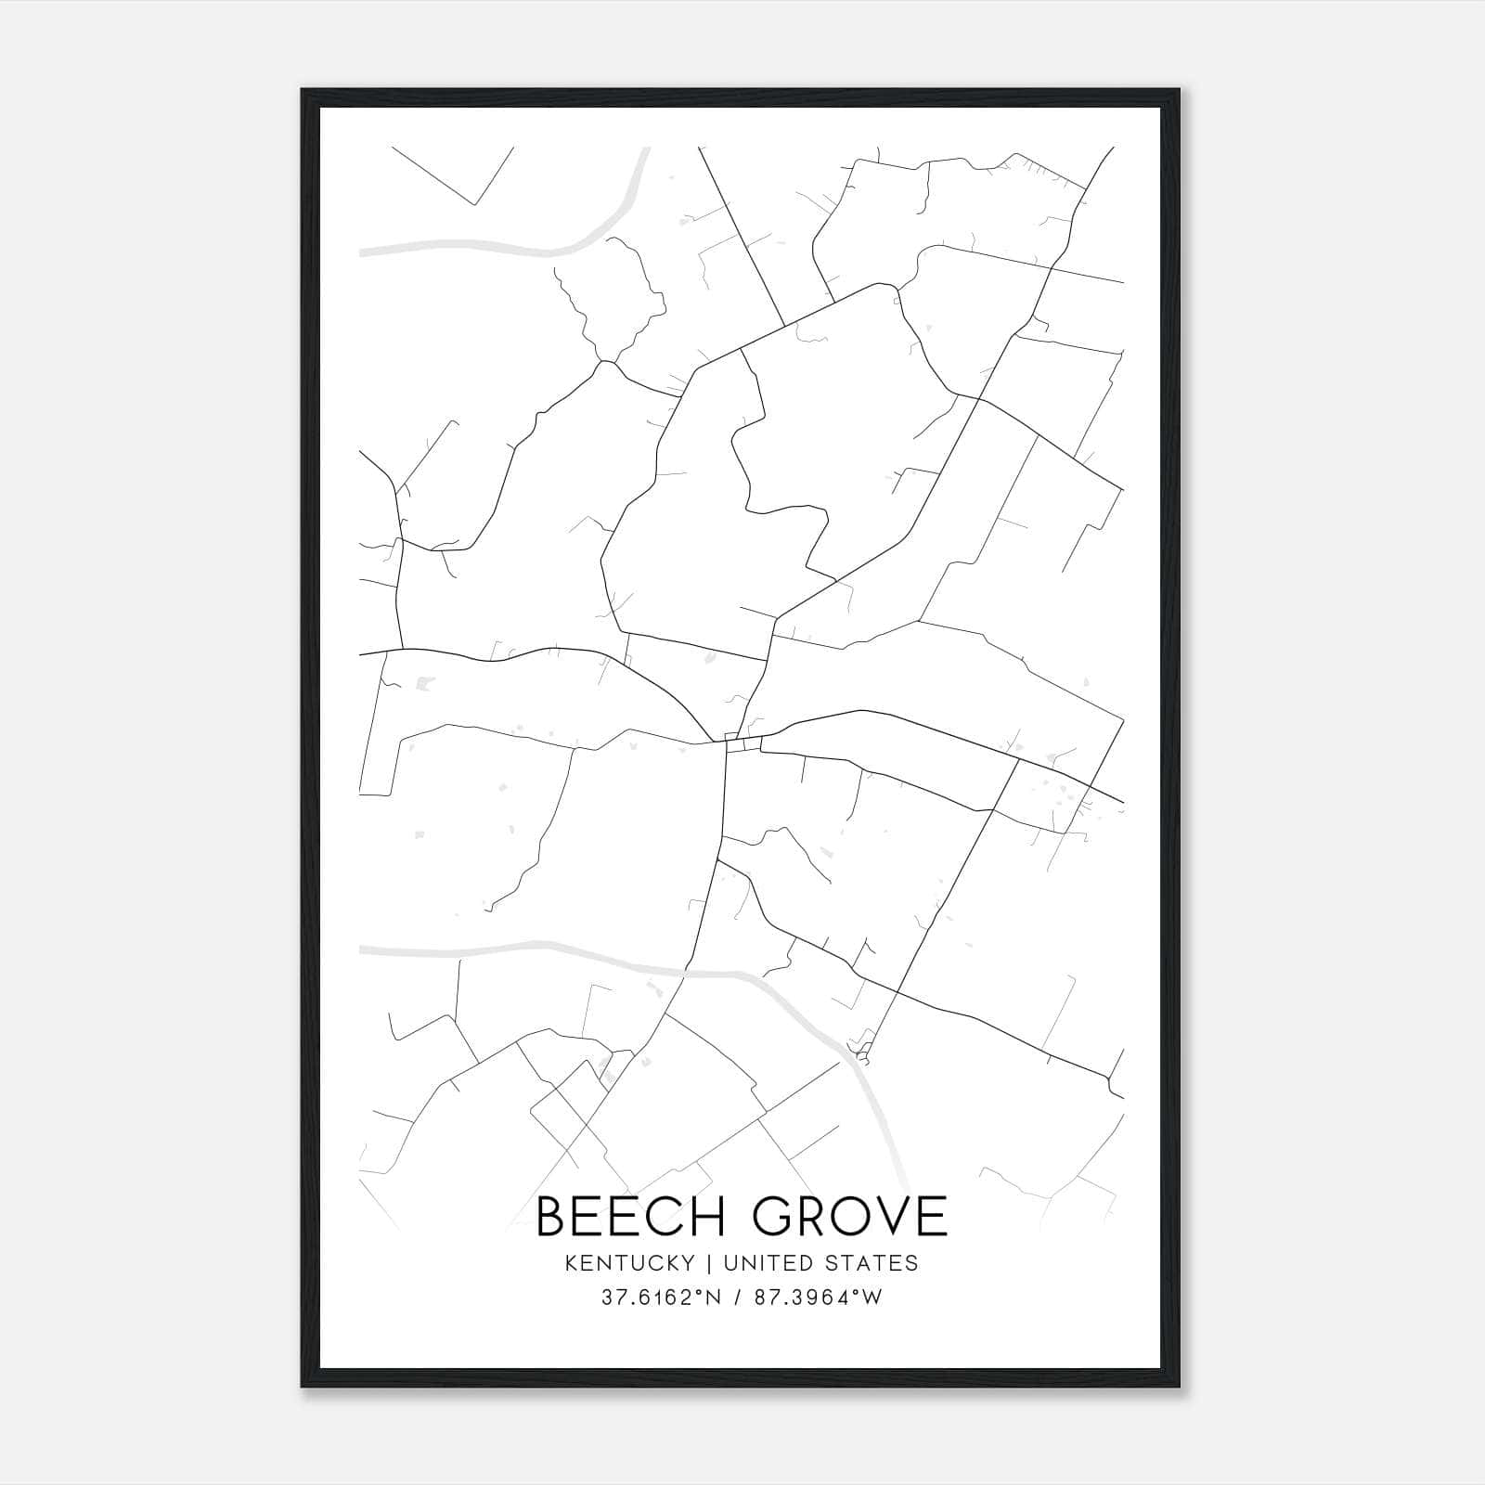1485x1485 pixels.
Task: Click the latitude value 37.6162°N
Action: tap(662, 1298)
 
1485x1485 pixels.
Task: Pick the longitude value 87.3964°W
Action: tap(817, 1298)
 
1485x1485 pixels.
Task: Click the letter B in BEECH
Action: tap(552, 1216)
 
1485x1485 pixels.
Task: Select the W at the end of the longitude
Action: tap(872, 1298)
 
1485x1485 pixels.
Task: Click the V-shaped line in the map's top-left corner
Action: tap(475, 201)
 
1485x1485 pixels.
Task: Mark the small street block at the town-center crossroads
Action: tap(742, 743)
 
